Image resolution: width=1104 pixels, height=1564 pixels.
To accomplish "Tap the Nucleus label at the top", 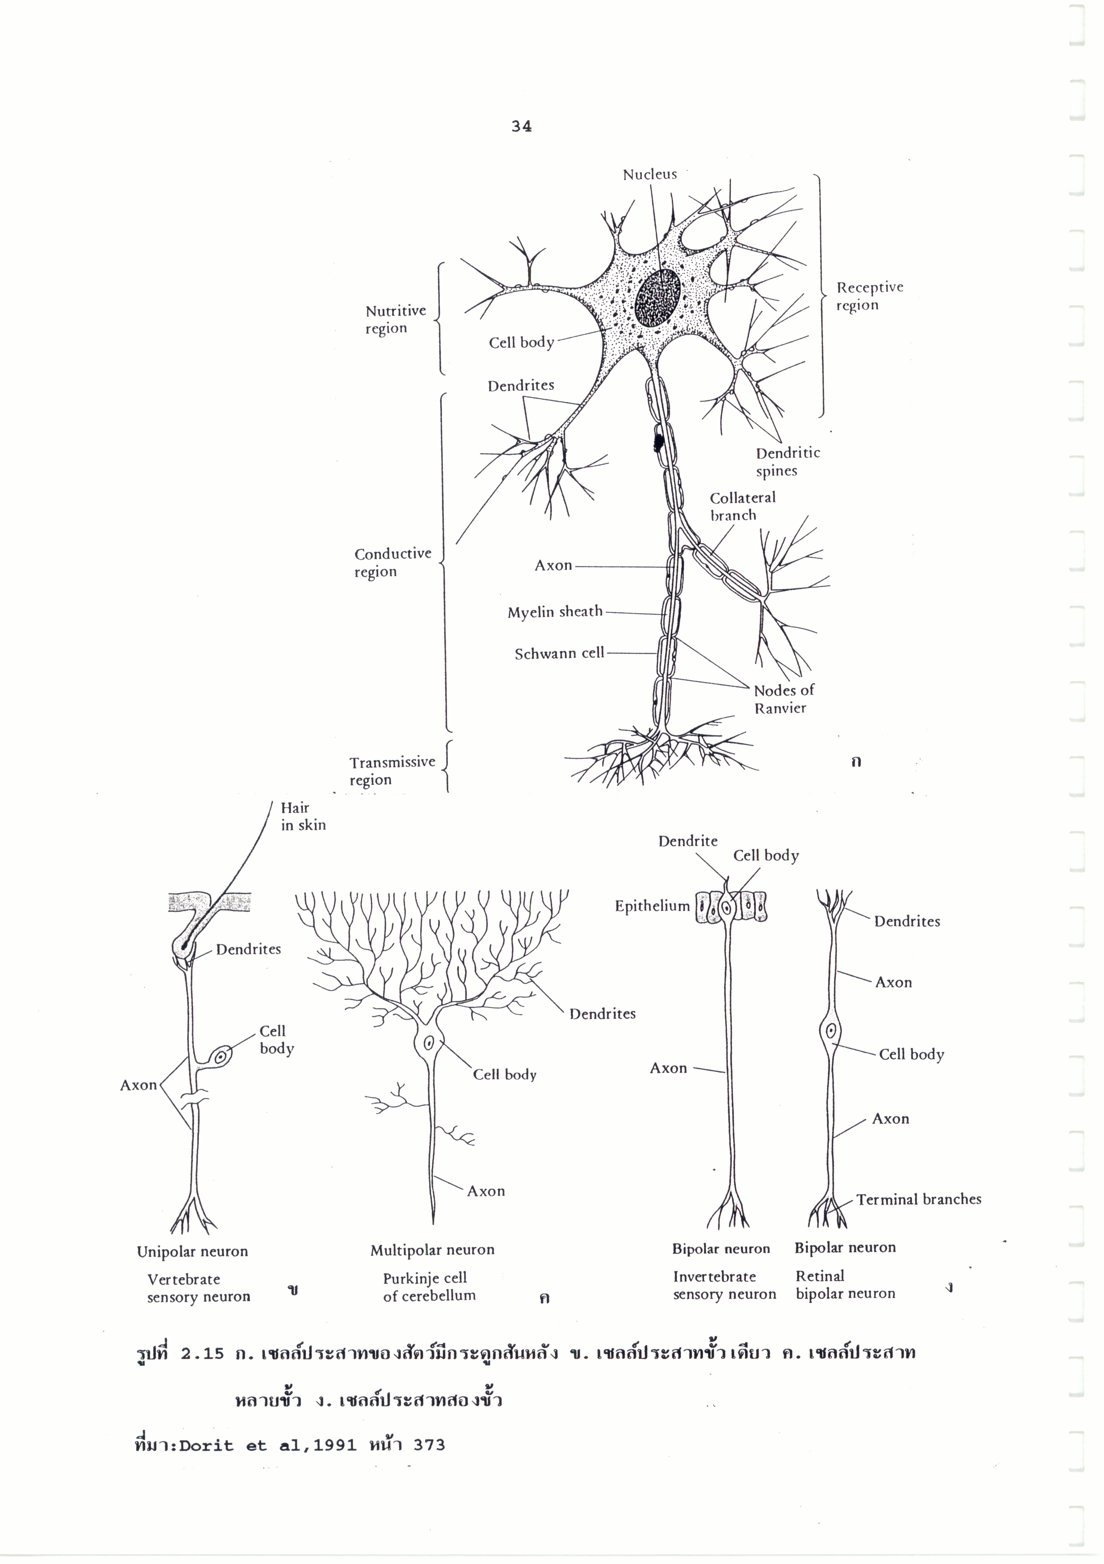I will pos(650,175).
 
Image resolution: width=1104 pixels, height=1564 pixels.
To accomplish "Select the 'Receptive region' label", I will pos(869,296).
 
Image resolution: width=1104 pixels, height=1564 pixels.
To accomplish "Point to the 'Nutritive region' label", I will pos(395,319).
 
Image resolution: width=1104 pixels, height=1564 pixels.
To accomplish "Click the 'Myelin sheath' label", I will pos(555,612).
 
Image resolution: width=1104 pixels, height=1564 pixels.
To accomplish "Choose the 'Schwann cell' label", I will pos(559,653).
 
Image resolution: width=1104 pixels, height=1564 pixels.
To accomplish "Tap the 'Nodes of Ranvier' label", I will pos(783,699).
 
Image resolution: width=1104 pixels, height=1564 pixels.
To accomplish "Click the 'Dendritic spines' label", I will pos(787,461).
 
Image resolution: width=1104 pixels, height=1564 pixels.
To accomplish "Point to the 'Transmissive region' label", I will pos(392,770).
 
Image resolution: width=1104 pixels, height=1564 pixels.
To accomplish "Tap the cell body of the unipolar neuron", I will pos(221,1056).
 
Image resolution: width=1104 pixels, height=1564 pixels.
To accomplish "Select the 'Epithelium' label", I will pos(652,906).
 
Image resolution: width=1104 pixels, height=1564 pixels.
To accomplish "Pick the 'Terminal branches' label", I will pos(918,1199).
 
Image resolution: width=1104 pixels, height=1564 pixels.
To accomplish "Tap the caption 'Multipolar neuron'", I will pos(432,1250).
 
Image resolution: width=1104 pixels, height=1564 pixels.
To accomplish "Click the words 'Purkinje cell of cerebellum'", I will pos(428,1287).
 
